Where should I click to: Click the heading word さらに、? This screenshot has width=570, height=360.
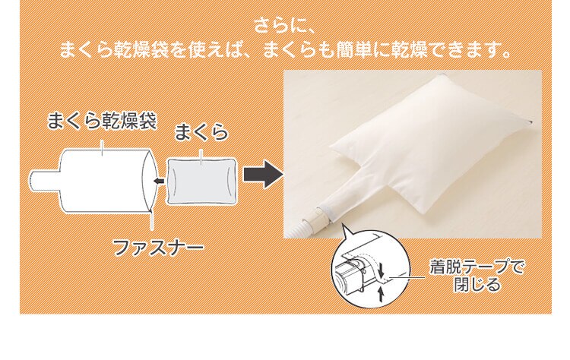click(x=285, y=25)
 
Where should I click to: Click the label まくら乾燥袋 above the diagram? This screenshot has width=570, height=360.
click(x=102, y=120)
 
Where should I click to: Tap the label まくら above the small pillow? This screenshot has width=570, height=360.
click(x=201, y=133)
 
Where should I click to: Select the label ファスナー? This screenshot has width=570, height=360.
click(x=158, y=247)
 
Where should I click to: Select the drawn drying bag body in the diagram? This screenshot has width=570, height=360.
click(x=103, y=179)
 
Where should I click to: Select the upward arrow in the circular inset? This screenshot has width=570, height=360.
click(x=380, y=292)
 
